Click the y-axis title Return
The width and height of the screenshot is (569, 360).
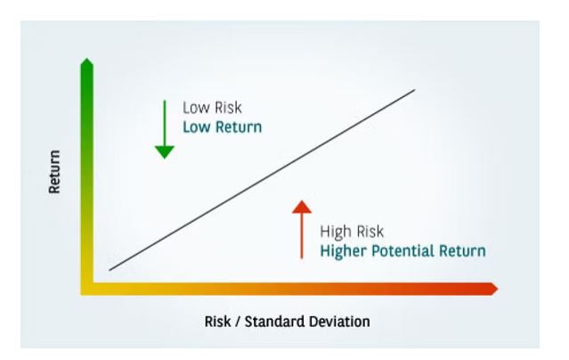pos(54,171)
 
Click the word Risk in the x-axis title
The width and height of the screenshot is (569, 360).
pos(218,322)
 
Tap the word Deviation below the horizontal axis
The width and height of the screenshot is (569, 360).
pos(339,322)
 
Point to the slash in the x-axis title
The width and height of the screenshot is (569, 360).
pos(238,322)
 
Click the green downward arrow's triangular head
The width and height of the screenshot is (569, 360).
pos(165,152)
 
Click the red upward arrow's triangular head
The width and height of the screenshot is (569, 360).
pos(302,207)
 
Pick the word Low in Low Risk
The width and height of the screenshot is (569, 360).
pos(196,108)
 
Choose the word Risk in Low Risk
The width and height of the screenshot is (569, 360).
pos(228,108)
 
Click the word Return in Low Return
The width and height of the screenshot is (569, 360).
pos(239,127)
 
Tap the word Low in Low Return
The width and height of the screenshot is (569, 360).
pos(197,127)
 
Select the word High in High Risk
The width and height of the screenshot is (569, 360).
pos(336,233)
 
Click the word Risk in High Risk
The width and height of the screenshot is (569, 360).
pos(370,232)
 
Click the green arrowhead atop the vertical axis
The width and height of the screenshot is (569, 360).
pos(87,62)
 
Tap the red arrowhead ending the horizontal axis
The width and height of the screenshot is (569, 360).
pos(494,290)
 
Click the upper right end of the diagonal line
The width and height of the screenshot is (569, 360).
pos(415,90)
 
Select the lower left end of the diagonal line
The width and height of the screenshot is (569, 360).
pos(110,270)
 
